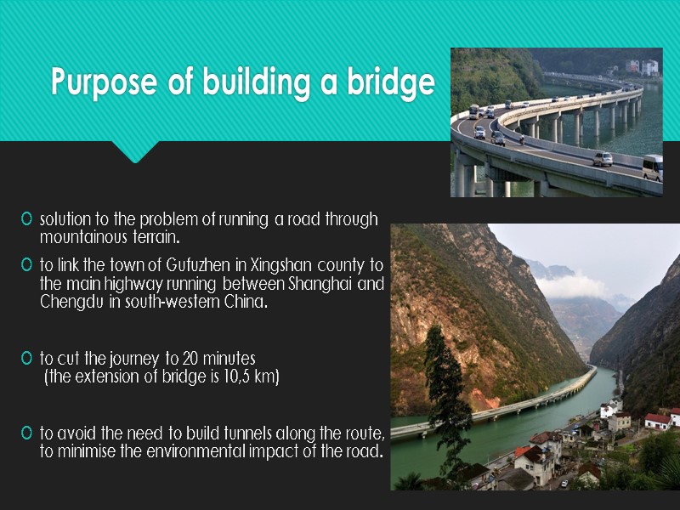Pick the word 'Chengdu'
coord(71,300)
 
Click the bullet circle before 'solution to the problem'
coord(28,220)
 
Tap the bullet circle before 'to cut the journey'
coord(28,359)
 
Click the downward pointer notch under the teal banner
coord(136,153)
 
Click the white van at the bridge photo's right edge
coord(653,167)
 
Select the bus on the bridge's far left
coord(473,111)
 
